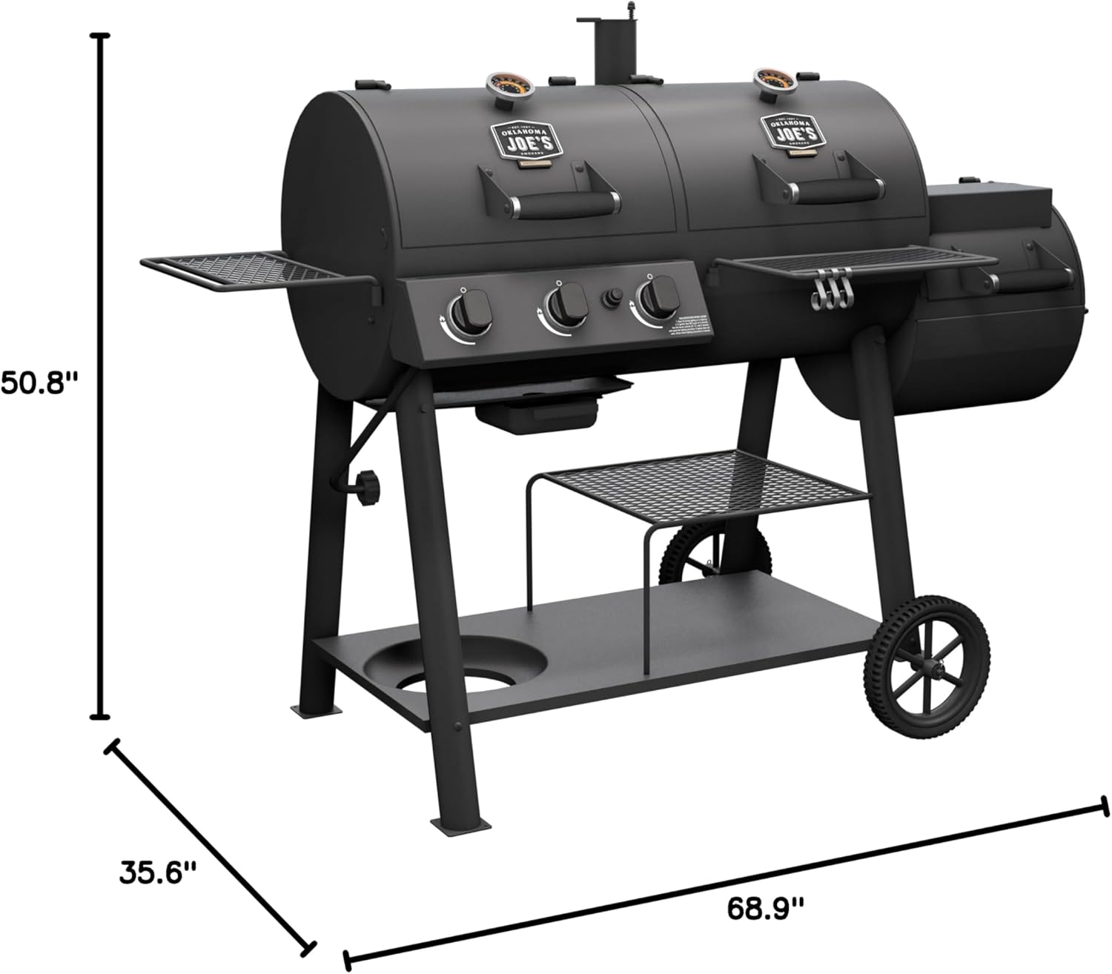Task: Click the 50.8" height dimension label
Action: (39, 384)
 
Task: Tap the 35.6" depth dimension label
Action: (158, 872)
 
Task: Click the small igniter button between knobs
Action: (612, 298)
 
